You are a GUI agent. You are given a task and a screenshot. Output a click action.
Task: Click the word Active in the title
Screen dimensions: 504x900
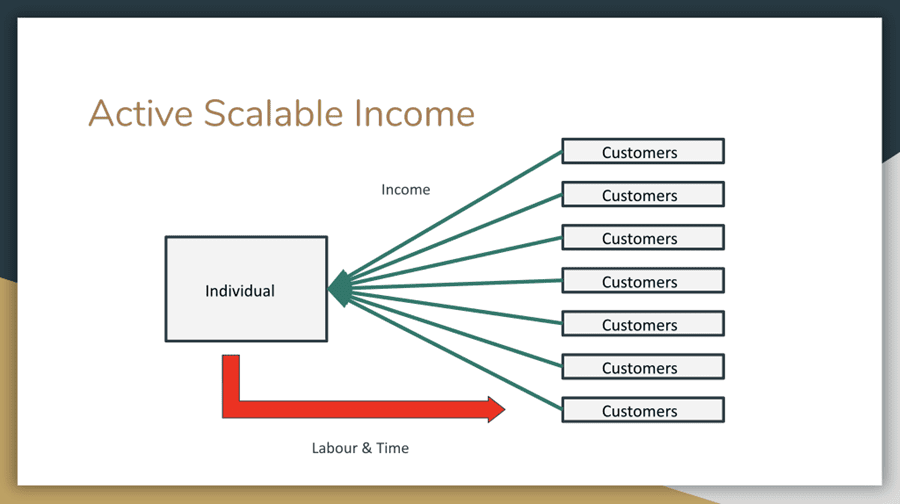tap(140, 113)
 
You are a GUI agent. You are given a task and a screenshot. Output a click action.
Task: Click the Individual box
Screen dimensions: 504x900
tap(245, 290)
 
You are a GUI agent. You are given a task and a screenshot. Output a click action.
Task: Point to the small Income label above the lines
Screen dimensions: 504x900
tap(405, 189)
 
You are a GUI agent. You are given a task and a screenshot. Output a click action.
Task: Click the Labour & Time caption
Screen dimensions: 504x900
tap(360, 448)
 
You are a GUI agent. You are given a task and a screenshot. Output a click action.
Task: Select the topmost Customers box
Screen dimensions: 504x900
tap(642, 152)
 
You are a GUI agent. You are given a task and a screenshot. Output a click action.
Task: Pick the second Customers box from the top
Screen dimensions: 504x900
tap(642, 195)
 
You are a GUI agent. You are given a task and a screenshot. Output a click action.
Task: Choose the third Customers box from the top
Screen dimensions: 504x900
tap(642, 238)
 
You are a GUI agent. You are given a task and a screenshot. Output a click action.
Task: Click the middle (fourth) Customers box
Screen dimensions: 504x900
tap(642, 281)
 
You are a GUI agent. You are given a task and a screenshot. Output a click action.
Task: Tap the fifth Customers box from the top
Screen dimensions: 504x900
tap(642, 324)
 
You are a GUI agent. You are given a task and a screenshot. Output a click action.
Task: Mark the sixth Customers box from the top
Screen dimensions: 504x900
tap(642, 367)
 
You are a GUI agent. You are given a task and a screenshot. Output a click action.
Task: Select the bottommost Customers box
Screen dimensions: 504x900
tap(642, 410)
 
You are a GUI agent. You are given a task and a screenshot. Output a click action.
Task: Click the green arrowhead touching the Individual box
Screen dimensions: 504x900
tap(339, 288)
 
